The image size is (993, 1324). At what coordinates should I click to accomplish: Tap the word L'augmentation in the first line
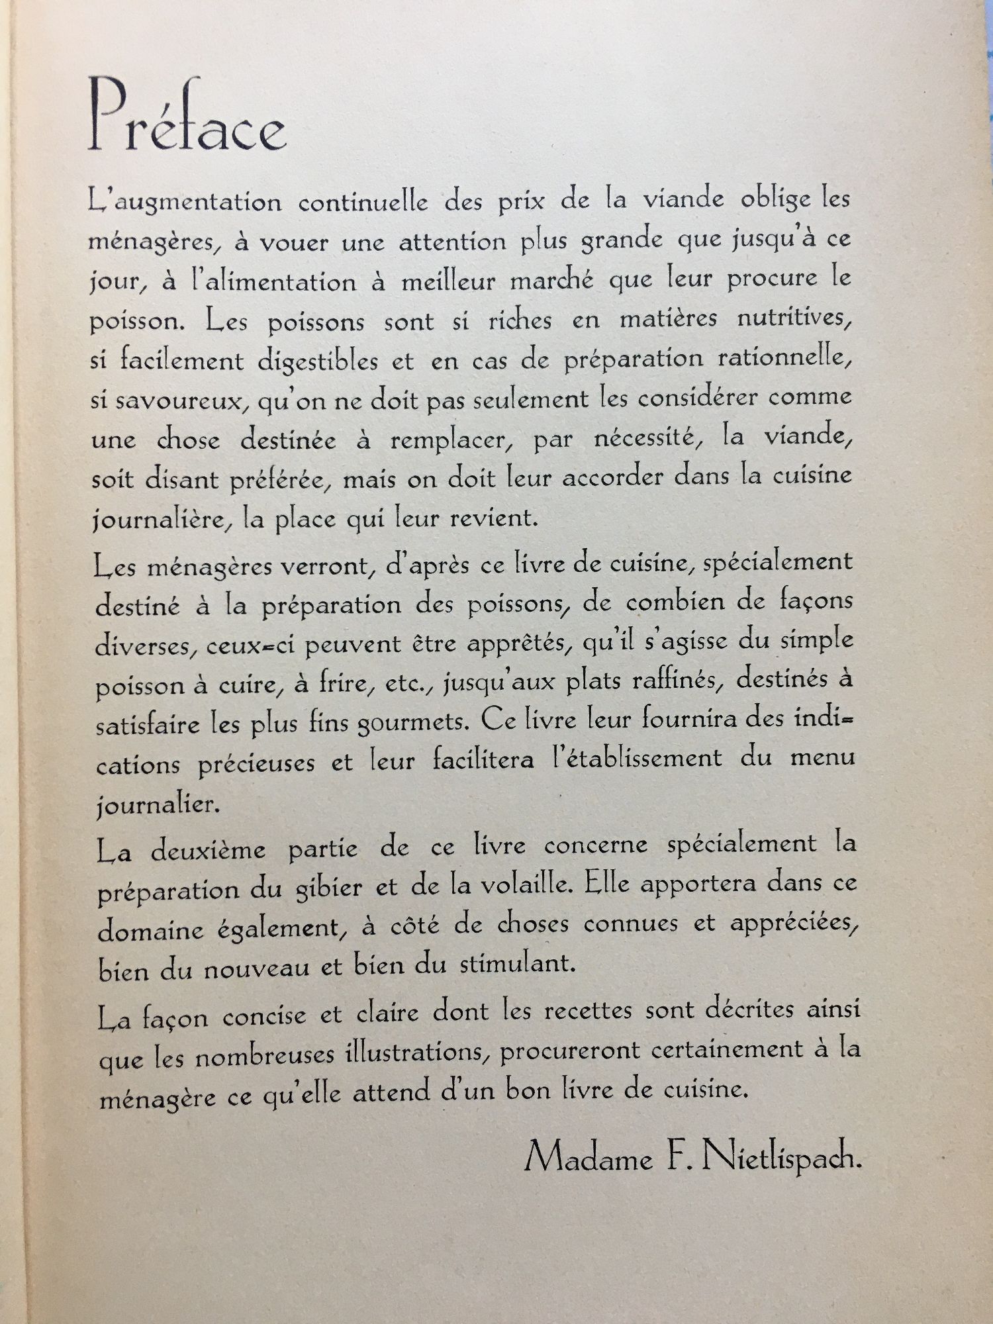click(x=185, y=203)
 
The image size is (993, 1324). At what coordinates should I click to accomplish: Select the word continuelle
click(x=363, y=203)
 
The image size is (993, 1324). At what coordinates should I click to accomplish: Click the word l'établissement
click(x=637, y=758)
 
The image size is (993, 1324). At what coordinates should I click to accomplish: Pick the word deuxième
click(x=208, y=850)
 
